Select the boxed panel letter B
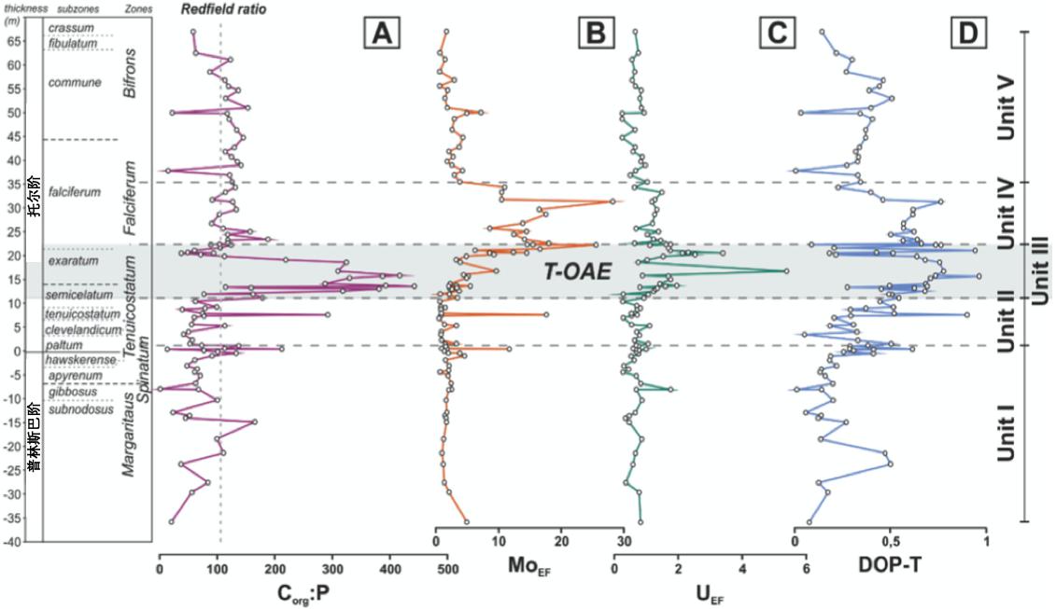tap(594, 34)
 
